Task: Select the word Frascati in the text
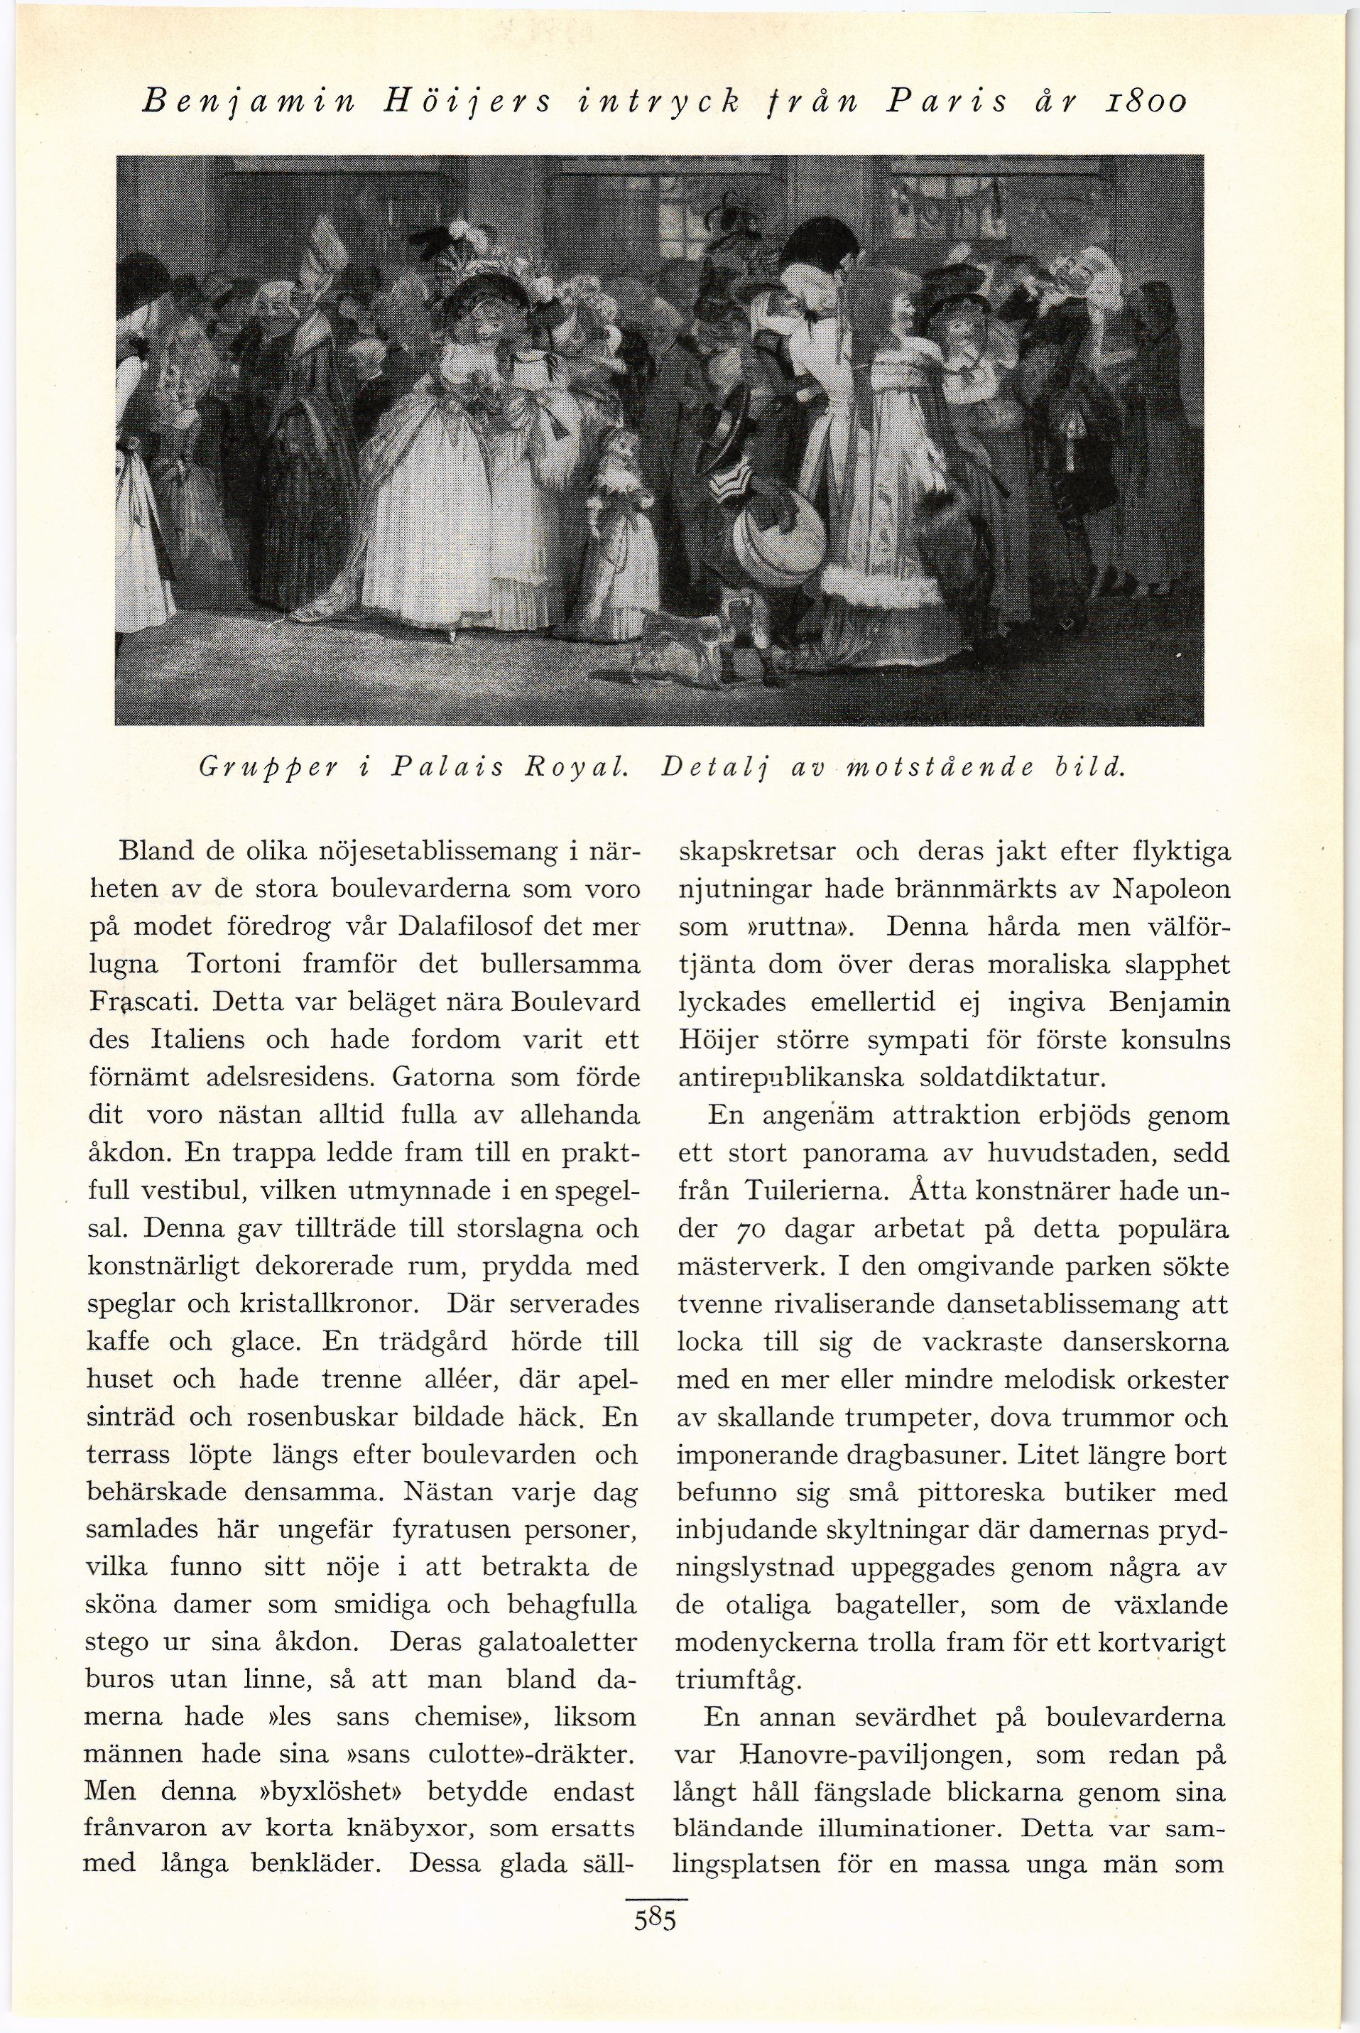[x=146, y=1004]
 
